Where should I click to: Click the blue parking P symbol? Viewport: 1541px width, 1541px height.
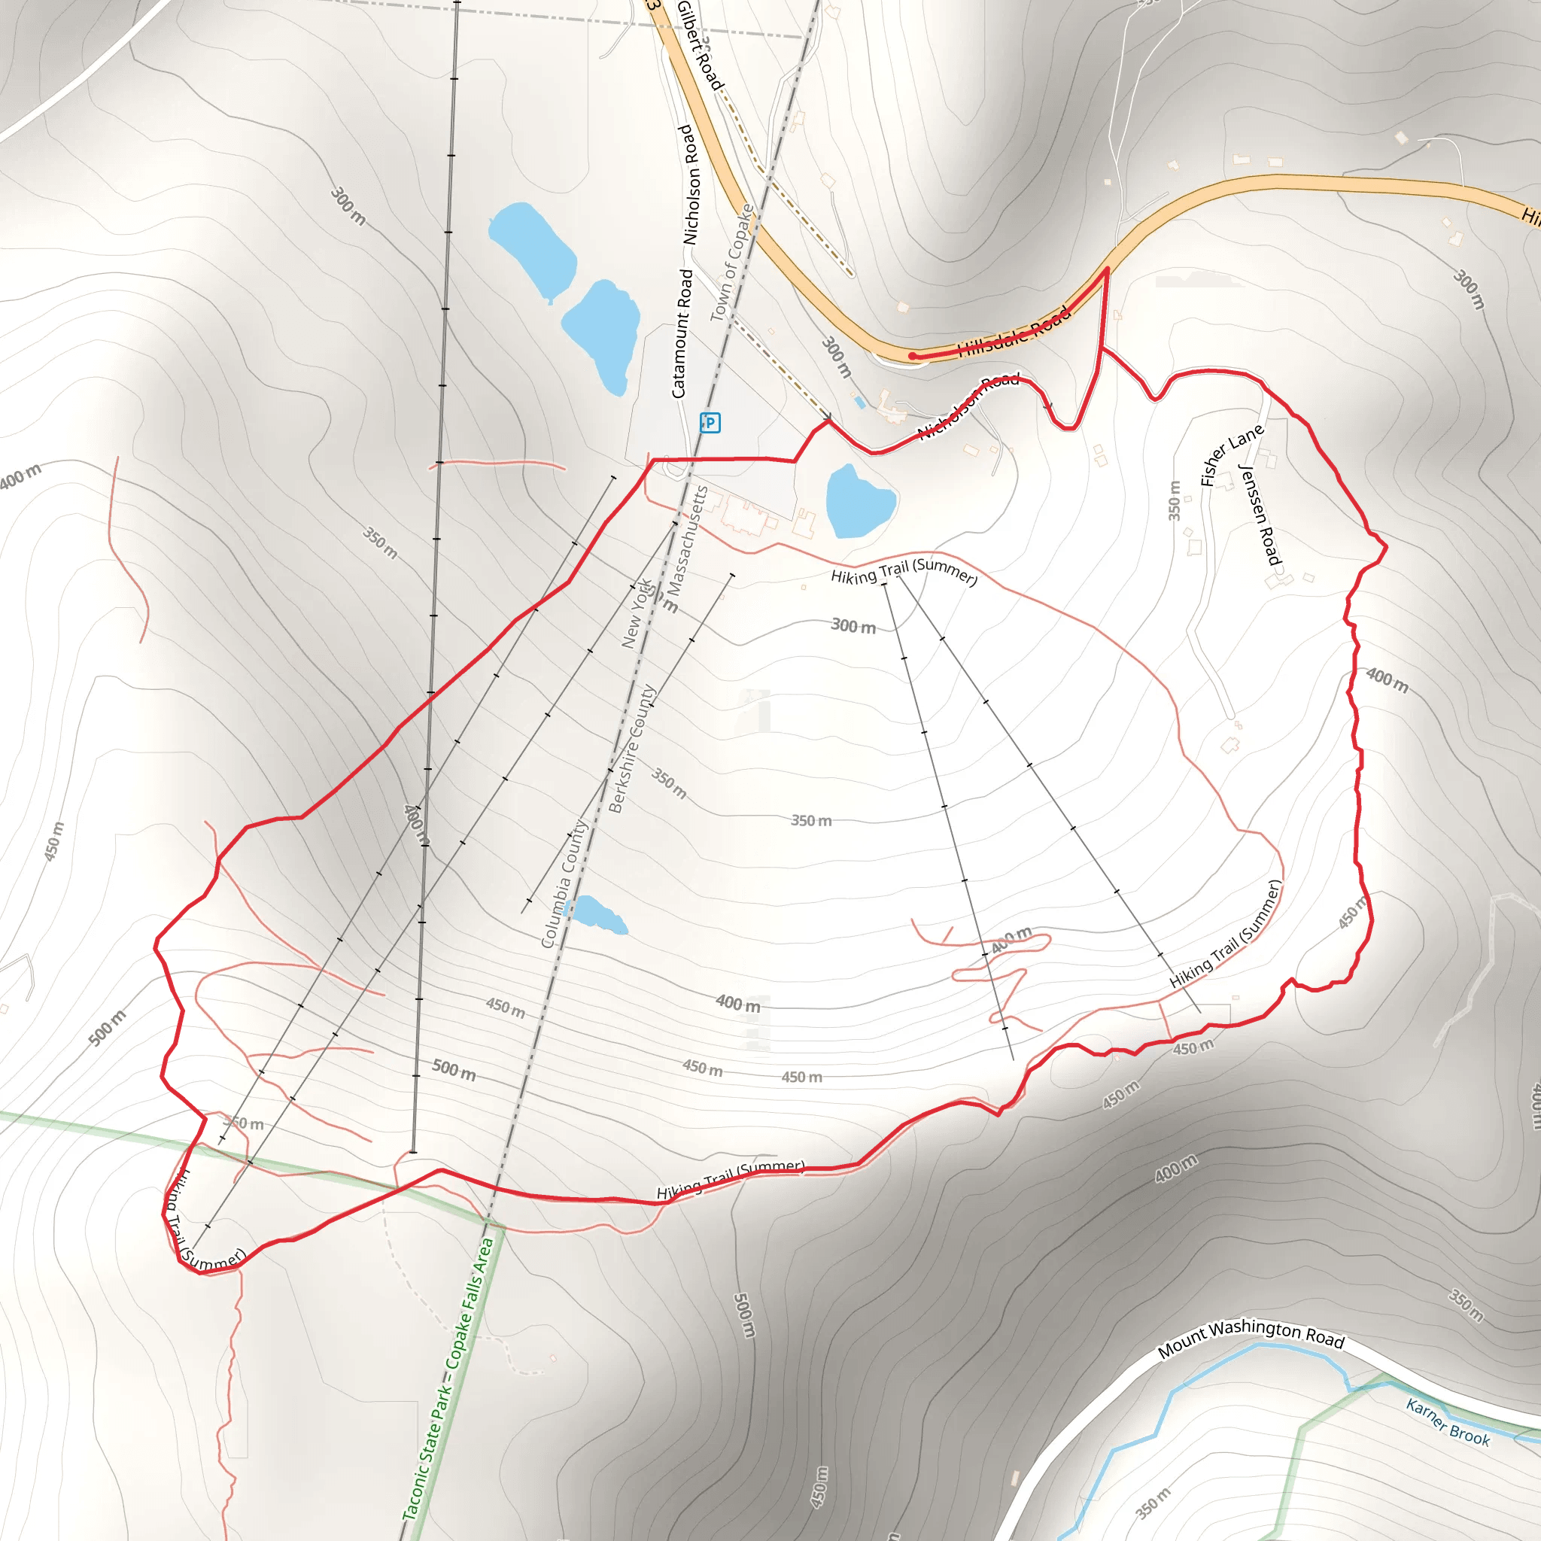pyautogui.click(x=709, y=423)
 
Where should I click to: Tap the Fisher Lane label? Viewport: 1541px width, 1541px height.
pyautogui.click(x=1232, y=454)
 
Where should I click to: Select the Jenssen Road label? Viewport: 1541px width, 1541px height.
pyautogui.click(x=1260, y=515)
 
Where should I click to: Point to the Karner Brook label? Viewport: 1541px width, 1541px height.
pyautogui.click(x=1448, y=1422)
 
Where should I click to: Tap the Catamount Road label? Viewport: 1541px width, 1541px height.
pyautogui.click(x=682, y=333)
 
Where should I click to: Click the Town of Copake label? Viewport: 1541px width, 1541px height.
pyautogui.click(x=732, y=263)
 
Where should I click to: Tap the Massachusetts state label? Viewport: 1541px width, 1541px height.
pyautogui.click(x=688, y=540)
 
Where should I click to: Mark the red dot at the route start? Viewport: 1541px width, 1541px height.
pyautogui.click(x=913, y=357)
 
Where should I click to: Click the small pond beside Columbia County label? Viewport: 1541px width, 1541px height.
pyautogui.click(x=599, y=914)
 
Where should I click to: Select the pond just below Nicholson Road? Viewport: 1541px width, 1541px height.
pyautogui.click(x=859, y=501)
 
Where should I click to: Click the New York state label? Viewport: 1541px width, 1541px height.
pyautogui.click(x=636, y=612)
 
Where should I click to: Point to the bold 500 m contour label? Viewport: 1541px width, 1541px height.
pyautogui.click(x=454, y=1070)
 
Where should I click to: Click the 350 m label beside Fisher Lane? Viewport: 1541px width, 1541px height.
pyautogui.click(x=1174, y=500)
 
